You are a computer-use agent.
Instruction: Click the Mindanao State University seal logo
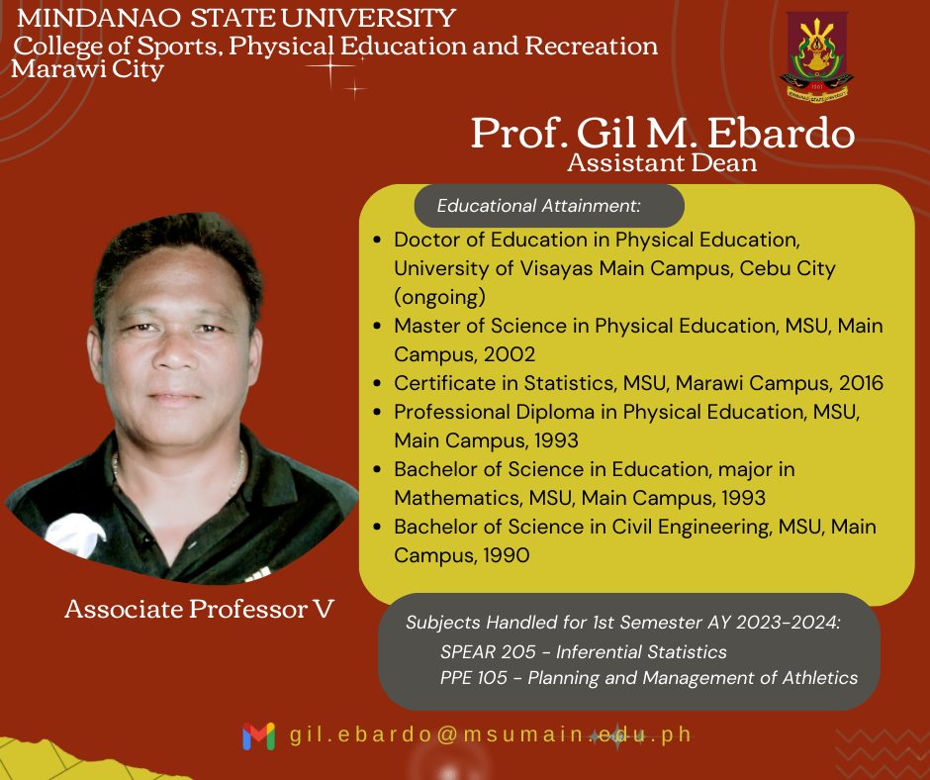tap(816, 57)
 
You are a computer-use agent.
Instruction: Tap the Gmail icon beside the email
tap(258, 735)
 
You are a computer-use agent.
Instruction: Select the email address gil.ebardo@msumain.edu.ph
tap(491, 734)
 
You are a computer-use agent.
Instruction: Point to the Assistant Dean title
tap(662, 162)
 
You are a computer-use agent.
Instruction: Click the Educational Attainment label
tap(538, 205)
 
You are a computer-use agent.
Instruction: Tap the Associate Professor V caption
tap(199, 609)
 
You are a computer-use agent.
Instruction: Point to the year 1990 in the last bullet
tap(506, 555)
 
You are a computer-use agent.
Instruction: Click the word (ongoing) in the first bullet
tap(439, 297)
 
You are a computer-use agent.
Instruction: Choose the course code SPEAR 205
tap(488, 651)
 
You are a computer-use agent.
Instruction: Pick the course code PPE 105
tap(473, 677)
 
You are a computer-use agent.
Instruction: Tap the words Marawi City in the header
tap(87, 69)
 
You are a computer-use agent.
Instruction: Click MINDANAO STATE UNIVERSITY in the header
tap(236, 18)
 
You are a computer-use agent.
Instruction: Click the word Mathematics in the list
tap(457, 498)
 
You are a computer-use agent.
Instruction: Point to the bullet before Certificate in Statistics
tap(377, 383)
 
